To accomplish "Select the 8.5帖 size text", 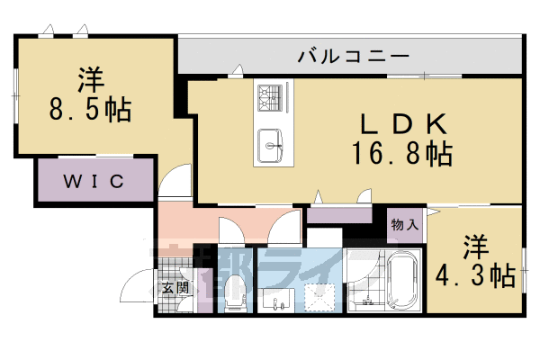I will [x=89, y=111].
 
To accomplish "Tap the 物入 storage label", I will [x=404, y=225].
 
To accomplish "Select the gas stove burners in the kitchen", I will [x=269, y=94].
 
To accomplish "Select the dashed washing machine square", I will [x=317, y=295].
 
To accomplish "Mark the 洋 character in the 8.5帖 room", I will [x=87, y=80].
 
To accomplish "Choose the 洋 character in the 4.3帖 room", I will [x=477, y=245].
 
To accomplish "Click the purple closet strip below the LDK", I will [x=339, y=215].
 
